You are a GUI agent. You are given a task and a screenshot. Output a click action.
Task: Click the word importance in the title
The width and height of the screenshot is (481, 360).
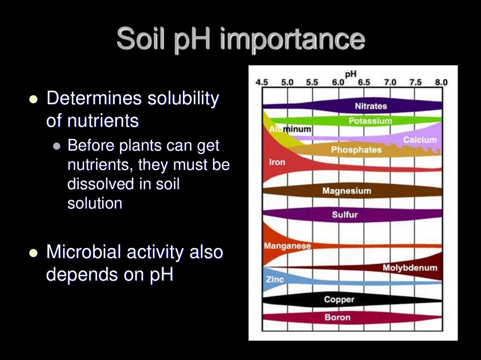292,39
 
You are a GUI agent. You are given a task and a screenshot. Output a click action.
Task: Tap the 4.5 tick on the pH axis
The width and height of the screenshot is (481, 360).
262,82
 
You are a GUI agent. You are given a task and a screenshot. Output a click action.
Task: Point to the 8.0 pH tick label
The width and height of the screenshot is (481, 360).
441,82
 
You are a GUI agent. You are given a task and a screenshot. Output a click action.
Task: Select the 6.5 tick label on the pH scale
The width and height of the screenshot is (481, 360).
364,82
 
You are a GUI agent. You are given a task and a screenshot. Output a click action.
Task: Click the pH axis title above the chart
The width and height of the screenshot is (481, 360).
350,74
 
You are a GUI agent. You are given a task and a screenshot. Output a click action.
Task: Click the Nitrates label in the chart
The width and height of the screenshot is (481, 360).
371,106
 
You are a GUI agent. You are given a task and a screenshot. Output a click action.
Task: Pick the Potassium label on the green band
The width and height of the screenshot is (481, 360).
370,121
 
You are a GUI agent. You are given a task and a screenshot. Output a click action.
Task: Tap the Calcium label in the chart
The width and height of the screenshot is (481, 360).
419,139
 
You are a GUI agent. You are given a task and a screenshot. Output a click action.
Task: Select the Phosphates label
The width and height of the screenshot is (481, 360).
356,150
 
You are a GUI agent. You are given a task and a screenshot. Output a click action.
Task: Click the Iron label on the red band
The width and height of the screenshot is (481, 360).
277,162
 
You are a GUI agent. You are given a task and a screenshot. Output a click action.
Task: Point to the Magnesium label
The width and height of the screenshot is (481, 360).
346,191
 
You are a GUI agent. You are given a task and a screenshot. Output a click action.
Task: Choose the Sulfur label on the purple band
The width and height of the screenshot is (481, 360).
345,215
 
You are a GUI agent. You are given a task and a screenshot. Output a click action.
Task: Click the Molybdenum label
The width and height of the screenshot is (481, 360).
410,268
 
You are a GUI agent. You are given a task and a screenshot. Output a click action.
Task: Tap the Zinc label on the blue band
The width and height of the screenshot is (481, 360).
275,280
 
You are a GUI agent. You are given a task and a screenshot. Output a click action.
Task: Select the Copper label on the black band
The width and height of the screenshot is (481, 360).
339,299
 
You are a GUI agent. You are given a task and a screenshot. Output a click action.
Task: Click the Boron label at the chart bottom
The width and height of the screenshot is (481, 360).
337,317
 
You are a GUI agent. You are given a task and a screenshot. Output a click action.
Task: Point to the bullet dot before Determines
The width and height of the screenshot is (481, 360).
33,99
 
